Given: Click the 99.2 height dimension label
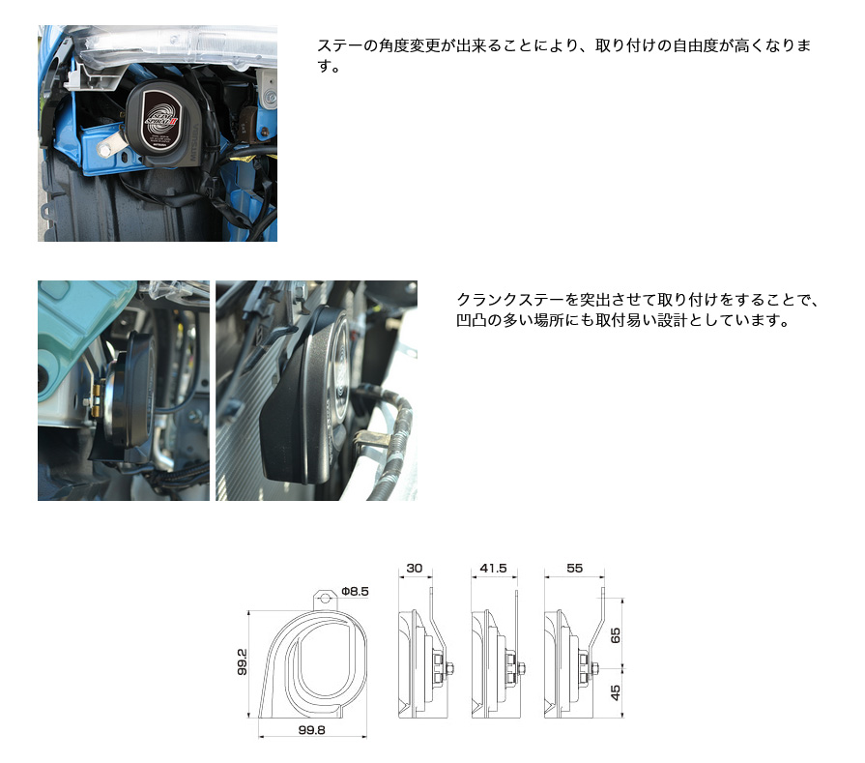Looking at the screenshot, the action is (243, 662).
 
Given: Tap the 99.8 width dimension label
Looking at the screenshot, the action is (311, 730).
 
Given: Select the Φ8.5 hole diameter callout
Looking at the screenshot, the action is (355, 591).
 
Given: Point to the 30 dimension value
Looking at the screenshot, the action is (415, 568).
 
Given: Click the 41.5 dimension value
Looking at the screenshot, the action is (493, 568).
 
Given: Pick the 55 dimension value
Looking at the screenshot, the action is (575, 568).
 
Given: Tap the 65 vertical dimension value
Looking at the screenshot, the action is (616, 635).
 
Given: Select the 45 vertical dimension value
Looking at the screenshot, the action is (616, 692).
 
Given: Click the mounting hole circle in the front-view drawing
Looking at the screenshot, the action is (325, 599).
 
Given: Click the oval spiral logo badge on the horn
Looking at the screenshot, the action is (162, 120).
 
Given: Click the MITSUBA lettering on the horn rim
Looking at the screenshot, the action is (193, 145).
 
